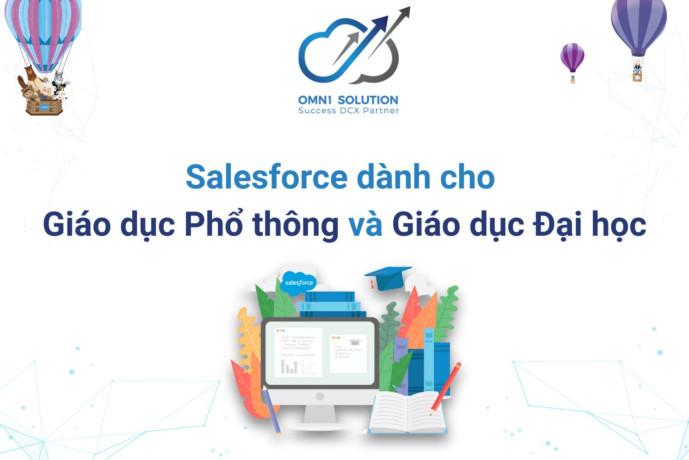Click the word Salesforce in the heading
[x=266, y=177]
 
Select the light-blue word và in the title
[x=365, y=224]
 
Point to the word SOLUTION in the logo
[x=368, y=100]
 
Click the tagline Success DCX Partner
[x=348, y=111]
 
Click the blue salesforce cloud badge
[x=298, y=282]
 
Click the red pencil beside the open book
[x=445, y=388]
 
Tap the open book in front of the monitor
[x=407, y=413]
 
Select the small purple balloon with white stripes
[x=572, y=57]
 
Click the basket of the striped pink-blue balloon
[x=44, y=106]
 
